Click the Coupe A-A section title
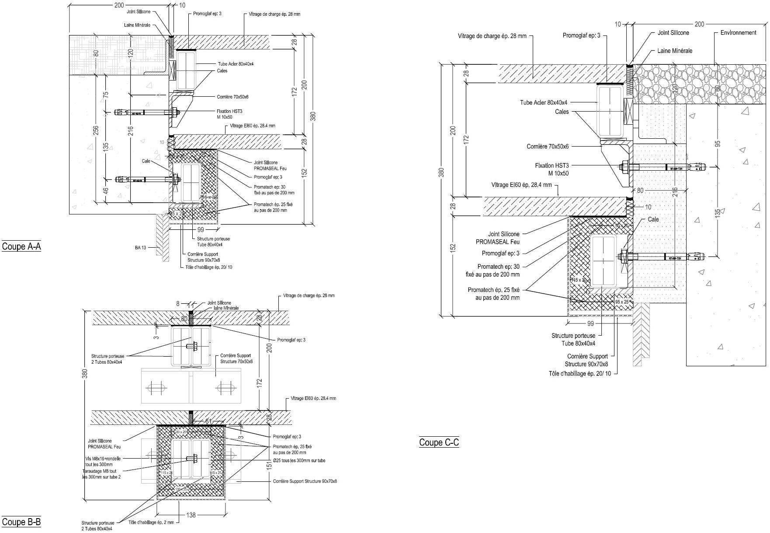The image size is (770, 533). pos(21,246)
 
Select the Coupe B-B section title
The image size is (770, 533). pos(21,522)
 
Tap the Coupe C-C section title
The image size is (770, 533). pos(439,442)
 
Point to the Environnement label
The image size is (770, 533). pos(738,32)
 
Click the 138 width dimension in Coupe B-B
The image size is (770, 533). pos(191,515)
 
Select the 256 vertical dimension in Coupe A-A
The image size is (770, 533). pos(96,130)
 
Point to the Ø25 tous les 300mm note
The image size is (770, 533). pos(299,460)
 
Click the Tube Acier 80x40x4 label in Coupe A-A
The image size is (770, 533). pos(236,64)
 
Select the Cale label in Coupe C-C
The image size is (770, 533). pos(653,219)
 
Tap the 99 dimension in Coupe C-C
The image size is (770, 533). pos(590,324)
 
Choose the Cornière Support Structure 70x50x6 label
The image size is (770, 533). pos(236,358)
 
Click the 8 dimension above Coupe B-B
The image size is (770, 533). pos(178,303)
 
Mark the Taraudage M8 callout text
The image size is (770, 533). pos(101,474)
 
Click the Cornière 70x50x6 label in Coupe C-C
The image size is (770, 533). pos(548,146)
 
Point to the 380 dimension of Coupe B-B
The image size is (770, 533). pos(85,373)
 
